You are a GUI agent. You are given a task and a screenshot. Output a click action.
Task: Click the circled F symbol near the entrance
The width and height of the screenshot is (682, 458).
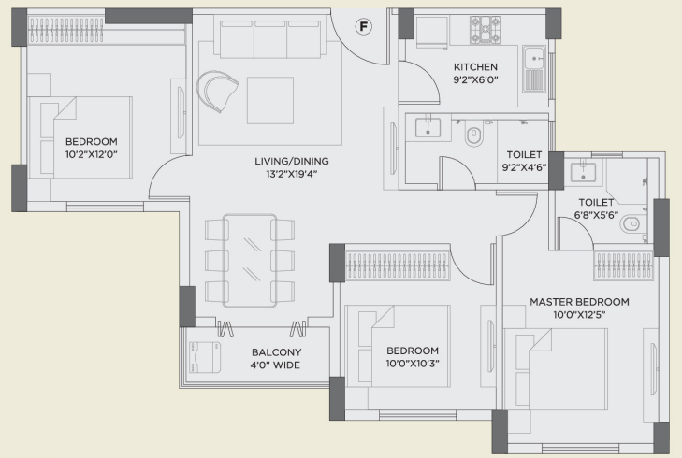click(364, 27)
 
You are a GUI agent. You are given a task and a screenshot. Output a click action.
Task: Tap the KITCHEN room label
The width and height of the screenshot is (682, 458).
click(475, 67)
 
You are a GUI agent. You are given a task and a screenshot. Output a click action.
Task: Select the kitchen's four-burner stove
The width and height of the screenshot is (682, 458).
click(485, 30)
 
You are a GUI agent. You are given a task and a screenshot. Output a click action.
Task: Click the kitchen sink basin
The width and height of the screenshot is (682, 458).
click(534, 58)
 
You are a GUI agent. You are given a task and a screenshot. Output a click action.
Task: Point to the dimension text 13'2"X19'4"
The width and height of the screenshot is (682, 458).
click(292, 174)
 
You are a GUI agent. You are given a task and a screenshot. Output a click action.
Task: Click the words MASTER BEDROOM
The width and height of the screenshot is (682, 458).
click(579, 302)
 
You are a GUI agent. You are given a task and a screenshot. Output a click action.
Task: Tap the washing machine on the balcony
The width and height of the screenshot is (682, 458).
click(205, 357)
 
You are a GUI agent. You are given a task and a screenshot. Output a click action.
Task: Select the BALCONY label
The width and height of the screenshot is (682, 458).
click(277, 352)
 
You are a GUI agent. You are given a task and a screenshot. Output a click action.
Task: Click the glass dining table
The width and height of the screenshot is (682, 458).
click(250, 261)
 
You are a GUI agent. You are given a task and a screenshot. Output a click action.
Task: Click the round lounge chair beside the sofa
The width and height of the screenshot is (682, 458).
click(216, 91)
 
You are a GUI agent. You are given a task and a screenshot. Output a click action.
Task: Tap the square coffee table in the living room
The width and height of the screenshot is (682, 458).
click(270, 100)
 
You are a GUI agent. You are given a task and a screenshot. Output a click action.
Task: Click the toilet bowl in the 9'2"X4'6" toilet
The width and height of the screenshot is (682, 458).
click(473, 136)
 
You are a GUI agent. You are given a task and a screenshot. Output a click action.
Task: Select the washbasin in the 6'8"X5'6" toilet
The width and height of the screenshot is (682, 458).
click(584, 171)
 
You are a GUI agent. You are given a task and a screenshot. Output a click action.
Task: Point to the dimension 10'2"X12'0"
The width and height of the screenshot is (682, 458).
click(92, 154)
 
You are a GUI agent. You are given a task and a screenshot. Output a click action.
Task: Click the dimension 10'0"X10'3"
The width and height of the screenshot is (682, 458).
click(413, 364)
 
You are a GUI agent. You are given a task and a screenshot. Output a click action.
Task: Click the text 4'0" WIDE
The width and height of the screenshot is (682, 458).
click(275, 365)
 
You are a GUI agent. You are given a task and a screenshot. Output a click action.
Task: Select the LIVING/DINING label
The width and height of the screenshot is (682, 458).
click(292, 161)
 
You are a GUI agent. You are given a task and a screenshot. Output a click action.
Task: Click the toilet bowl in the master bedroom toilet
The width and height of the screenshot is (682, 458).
click(631, 224)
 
